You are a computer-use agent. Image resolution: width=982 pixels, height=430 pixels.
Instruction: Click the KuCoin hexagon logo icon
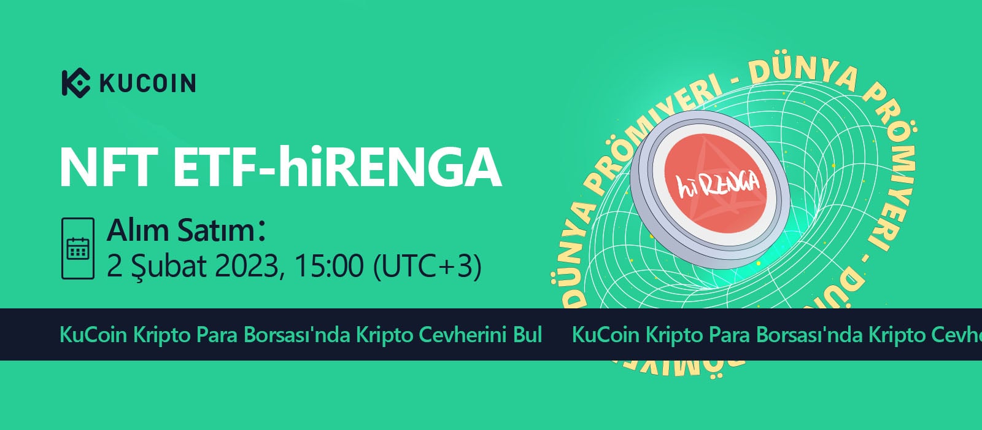(x=75, y=83)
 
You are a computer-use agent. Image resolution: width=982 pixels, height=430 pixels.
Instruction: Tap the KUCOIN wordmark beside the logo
(x=148, y=84)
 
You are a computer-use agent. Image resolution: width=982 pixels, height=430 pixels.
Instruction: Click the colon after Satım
(x=261, y=231)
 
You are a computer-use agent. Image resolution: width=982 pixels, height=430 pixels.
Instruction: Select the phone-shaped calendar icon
(x=78, y=248)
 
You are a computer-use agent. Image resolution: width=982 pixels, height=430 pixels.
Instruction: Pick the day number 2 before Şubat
(x=114, y=266)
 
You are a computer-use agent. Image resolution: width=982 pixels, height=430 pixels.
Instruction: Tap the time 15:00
(x=329, y=266)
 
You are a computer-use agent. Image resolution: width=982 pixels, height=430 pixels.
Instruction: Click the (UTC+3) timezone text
(x=427, y=267)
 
